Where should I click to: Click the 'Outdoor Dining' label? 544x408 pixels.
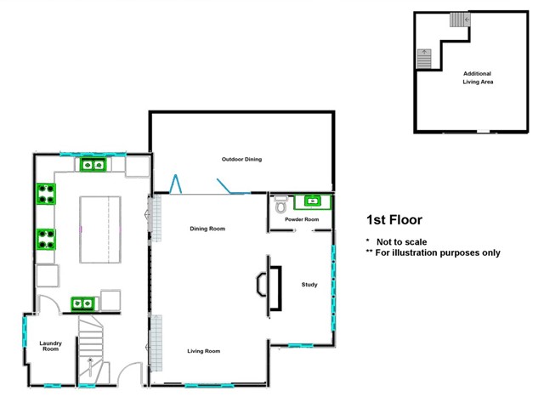[241, 159]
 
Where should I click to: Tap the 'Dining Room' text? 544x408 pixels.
[207, 228]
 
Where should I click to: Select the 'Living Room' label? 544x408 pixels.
[204, 350]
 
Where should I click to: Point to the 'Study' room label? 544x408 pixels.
[309, 285]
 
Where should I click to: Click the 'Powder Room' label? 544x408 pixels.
[302, 220]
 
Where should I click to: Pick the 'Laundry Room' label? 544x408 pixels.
[50, 346]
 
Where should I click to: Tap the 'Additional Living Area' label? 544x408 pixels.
[478, 78]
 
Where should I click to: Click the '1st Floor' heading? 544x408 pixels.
[394, 220]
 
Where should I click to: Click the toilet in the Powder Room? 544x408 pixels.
[281, 205]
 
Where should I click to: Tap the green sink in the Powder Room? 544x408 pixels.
[312, 201]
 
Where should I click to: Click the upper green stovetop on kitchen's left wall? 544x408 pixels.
[46, 195]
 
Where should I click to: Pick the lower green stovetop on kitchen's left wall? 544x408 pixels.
[46, 241]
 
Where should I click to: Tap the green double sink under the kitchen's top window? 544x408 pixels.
[93, 165]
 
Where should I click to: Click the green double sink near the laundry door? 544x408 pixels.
[83, 302]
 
